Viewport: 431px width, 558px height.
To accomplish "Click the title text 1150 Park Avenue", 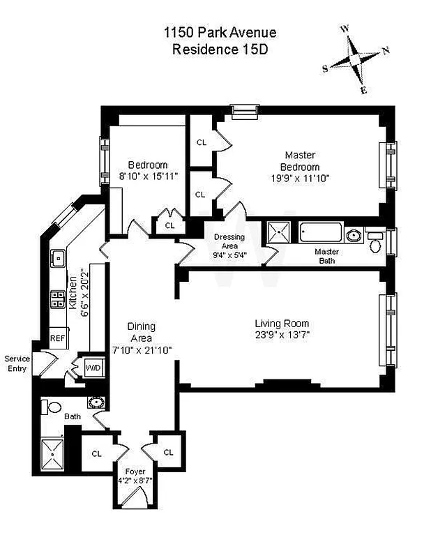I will (220, 33).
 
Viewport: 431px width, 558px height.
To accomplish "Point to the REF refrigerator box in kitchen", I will (57, 338).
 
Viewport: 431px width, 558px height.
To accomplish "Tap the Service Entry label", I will (17, 363).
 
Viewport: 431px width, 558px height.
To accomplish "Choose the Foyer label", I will (135, 471).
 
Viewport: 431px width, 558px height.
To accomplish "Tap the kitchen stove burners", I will (55, 300).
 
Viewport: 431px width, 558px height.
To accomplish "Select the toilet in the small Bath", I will (53, 406).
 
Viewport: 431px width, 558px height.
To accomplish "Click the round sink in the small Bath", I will (95, 403).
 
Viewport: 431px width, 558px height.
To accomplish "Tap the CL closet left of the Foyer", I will (96, 453).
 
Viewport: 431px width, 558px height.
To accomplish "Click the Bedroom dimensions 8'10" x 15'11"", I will (148, 176).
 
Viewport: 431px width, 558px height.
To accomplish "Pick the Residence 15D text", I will (220, 50).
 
